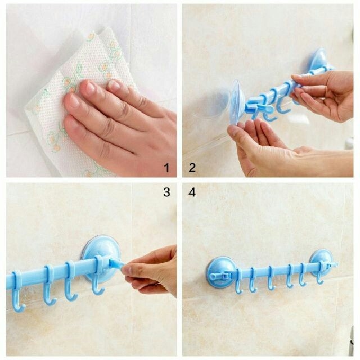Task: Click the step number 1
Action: tap(167, 168)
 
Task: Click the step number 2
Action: tap(192, 168)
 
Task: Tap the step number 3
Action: tap(167, 192)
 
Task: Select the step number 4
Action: tap(192, 192)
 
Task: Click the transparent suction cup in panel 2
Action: tap(236, 103)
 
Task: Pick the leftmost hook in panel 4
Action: tap(238, 282)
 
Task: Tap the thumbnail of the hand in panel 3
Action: tap(125, 269)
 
